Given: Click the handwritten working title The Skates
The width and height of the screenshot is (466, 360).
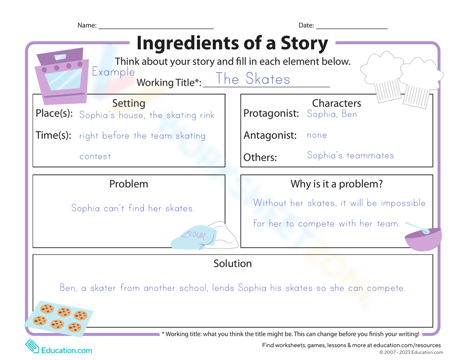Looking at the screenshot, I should (253, 79).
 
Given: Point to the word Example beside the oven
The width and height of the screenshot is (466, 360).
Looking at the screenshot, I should (113, 72).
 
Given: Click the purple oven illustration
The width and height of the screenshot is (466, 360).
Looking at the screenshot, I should (62, 77).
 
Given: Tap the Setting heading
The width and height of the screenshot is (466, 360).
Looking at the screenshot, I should (129, 103).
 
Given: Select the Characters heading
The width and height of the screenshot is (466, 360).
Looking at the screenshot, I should (336, 103).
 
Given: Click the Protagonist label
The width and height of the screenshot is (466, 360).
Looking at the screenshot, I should (271, 114).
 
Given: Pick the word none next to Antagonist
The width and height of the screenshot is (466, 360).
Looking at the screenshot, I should (317, 135).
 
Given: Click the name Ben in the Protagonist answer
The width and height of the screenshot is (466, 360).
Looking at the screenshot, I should (349, 114).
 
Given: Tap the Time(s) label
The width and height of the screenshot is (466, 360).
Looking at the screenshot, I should (53, 136).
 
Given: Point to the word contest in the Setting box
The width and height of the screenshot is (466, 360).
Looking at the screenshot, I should (95, 157).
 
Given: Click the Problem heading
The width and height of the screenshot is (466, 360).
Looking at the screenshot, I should (129, 184).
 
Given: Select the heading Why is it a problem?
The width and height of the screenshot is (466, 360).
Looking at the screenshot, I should (336, 184).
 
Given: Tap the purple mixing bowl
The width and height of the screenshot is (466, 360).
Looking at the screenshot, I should (423, 238).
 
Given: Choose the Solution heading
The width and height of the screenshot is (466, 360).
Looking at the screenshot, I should (233, 263).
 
